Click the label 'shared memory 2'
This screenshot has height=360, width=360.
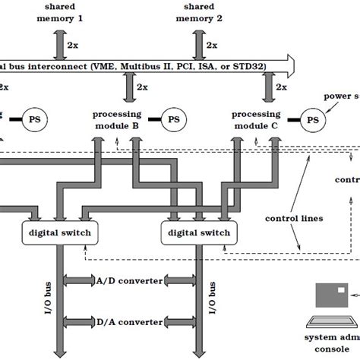[197, 12]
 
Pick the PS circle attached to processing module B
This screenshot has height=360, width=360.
[174, 119]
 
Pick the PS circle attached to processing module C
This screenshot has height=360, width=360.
[312, 119]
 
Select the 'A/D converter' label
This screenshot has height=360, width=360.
[130, 280]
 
